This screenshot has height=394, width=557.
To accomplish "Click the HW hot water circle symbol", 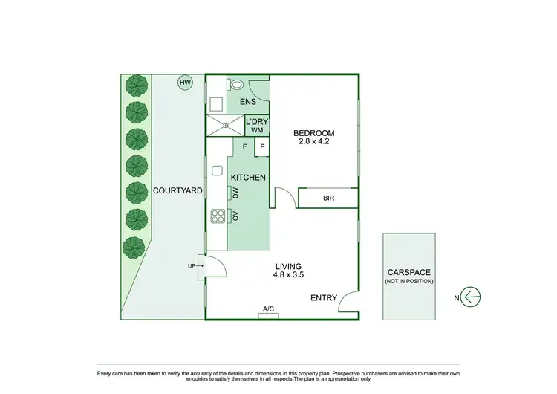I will click(183, 83).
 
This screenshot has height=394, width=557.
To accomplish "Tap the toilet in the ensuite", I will click(237, 85).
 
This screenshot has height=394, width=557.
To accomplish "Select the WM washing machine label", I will click(257, 131).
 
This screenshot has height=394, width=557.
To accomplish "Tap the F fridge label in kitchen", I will click(244, 147).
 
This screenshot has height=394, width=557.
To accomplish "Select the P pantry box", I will click(261, 147).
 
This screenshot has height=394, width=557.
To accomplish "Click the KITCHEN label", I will click(248, 178).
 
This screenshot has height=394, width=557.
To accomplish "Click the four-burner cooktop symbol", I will click(218, 216).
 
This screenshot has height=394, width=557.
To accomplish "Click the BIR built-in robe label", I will click(328, 198).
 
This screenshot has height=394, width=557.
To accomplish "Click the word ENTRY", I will click(324, 298).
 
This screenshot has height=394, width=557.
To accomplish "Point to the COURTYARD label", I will click(178, 191).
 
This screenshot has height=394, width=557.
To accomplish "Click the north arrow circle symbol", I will click(471, 298).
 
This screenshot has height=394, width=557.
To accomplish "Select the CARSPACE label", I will click(409, 272).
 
